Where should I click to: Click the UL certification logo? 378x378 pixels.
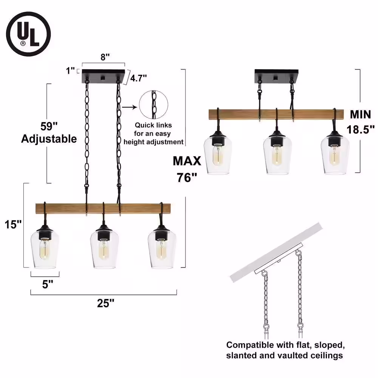click(x=28, y=34)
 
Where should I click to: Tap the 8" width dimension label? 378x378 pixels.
click(x=105, y=57)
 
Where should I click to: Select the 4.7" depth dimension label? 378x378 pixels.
click(x=138, y=78)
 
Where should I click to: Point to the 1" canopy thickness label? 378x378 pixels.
click(x=70, y=71)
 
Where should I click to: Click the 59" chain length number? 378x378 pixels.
click(x=49, y=126)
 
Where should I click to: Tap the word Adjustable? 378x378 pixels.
click(x=49, y=139)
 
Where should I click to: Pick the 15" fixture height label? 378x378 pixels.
click(x=13, y=225)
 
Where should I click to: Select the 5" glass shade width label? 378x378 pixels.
click(x=48, y=284)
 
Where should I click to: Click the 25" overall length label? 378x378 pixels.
click(x=105, y=303)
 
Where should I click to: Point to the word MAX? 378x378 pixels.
click(x=187, y=161)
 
